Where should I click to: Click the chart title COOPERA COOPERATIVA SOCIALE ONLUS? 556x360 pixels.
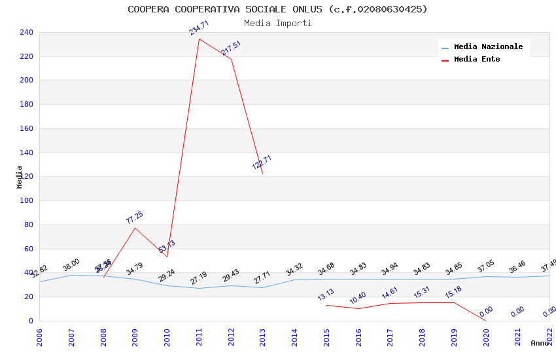[277, 9]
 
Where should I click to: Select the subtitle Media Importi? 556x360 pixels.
[277, 23]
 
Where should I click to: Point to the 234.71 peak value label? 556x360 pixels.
[199, 28]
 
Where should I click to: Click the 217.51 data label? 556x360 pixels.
[231, 48]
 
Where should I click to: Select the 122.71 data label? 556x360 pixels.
[262, 162]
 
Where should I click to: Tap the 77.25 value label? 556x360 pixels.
[135, 218]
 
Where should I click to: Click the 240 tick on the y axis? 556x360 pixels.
[27, 32]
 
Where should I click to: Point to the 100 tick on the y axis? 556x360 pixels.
[27, 201]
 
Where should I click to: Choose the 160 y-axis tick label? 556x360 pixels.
[27, 128]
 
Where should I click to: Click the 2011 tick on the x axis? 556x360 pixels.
[199, 337]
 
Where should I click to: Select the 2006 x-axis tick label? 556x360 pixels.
[39, 337]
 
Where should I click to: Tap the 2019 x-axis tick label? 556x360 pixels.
[454, 337]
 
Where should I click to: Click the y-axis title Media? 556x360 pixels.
[20, 177]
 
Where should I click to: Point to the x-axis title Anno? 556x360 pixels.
[540, 343]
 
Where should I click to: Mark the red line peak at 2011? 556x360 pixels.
[199, 39]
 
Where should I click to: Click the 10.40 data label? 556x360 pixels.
[358, 298]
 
